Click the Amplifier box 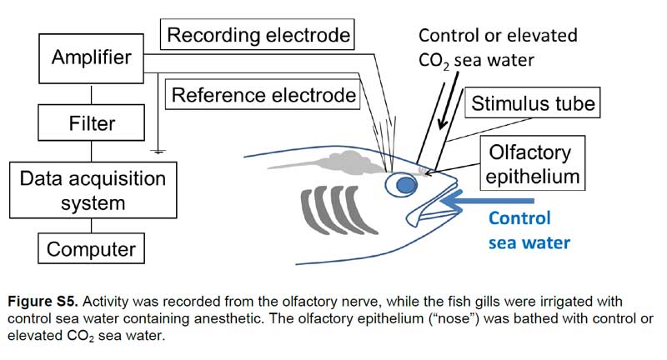[x=91, y=58]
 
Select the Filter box [x=91, y=122]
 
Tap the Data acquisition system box [x=93, y=190]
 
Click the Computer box [x=91, y=248]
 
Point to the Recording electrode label [x=258, y=34]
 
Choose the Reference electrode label [x=263, y=94]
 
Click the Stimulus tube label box [x=533, y=102]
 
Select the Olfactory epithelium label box [x=533, y=163]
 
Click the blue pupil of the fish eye [x=406, y=185]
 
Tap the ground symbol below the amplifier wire [x=158, y=151]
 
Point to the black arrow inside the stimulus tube [x=449, y=100]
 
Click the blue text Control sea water [x=529, y=230]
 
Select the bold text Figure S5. [x=43, y=302]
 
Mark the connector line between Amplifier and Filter [x=91, y=94]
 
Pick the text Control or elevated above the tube [x=498, y=35]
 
